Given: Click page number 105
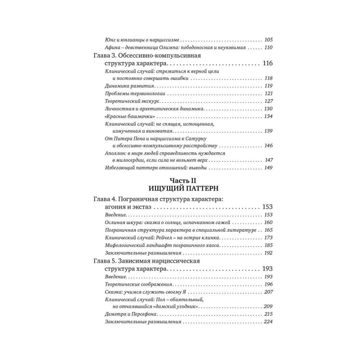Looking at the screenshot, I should (268, 40).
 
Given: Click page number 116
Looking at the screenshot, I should (267, 64).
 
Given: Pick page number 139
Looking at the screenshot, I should (269, 131).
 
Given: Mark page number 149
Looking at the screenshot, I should (269, 168).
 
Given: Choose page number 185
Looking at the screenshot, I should (269, 245).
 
